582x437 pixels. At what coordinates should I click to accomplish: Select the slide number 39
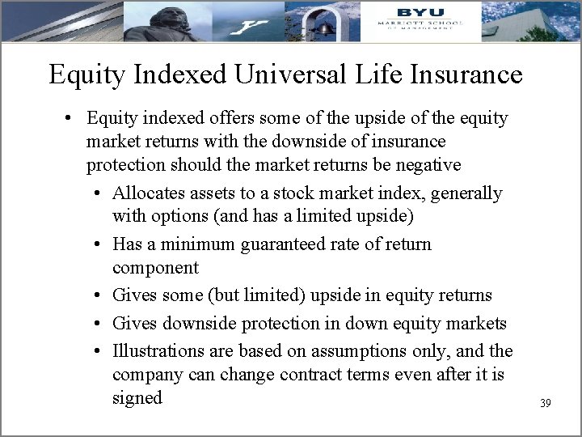(545, 402)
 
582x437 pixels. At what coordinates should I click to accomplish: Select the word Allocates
(150, 193)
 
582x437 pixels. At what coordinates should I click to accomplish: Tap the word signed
(137, 397)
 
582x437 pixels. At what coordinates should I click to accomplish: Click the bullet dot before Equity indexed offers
(71, 119)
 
